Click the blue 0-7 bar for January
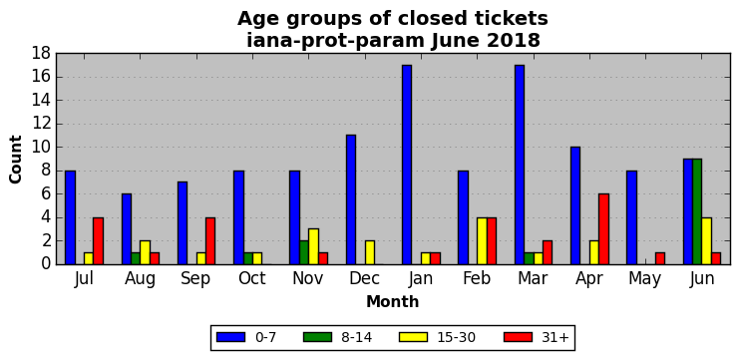point(407,165)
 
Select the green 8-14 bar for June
point(697,211)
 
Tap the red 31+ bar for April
point(603,229)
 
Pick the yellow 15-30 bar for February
point(482,240)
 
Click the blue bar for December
point(351,199)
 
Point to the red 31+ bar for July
point(98,240)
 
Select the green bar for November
point(304,252)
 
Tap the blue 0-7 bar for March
point(520,165)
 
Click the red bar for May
point(660,258)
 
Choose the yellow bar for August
point(145,252)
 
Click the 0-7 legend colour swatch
point(230,337)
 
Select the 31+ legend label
point(554,337)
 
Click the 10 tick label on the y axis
point(41,148)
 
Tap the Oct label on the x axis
point(252,278)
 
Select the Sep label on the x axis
point(196,279)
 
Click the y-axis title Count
point(16,160)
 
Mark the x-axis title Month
point(393,301)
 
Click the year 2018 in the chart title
point(513,41)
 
